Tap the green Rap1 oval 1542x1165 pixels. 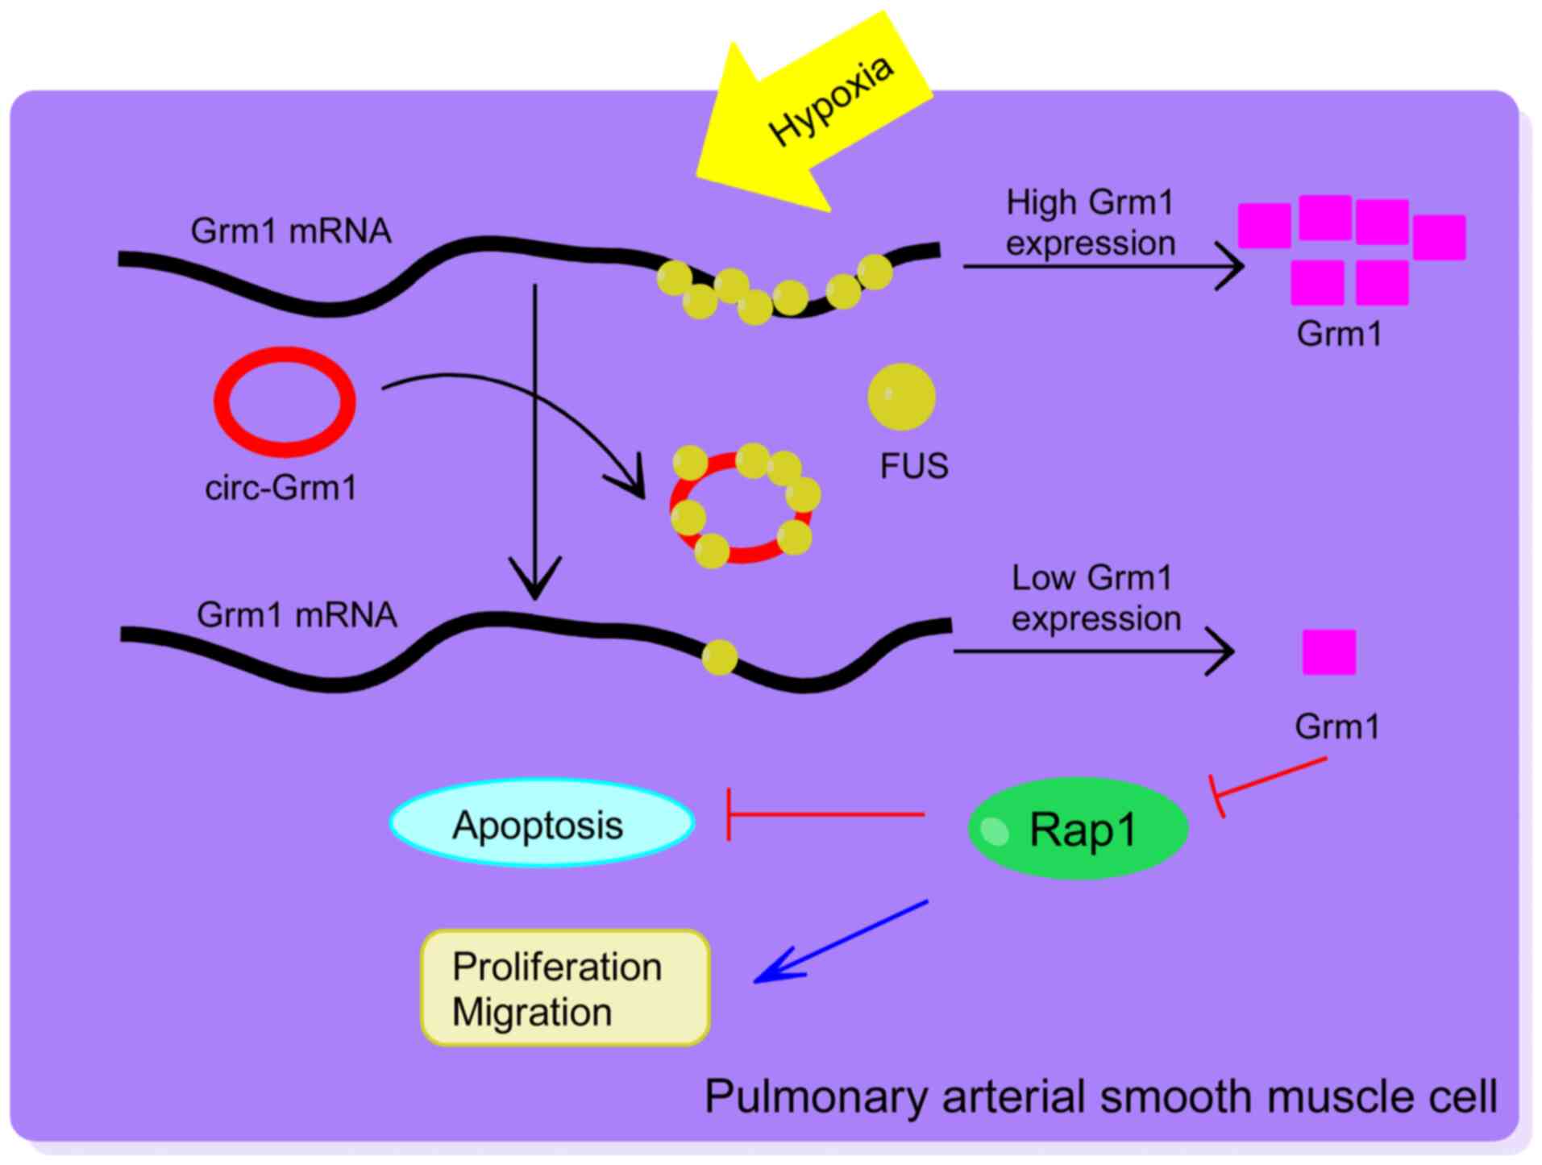1078,828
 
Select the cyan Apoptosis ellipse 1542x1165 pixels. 541,823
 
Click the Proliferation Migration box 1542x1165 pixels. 564,988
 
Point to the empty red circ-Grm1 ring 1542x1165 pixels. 284,402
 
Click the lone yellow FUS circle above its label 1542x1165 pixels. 901,396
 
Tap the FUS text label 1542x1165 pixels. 913,466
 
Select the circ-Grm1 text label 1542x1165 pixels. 281,488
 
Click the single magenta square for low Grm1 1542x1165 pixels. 1328,652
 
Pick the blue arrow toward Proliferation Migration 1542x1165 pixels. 842,940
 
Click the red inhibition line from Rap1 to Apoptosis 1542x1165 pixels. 826,815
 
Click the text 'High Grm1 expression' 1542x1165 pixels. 1090,223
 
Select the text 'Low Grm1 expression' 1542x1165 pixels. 1095,598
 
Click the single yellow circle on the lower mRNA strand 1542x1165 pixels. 719,657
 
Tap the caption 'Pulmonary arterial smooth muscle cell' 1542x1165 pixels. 1100,1096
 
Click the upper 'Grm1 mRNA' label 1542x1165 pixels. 290,231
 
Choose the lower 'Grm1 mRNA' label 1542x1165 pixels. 297,615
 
